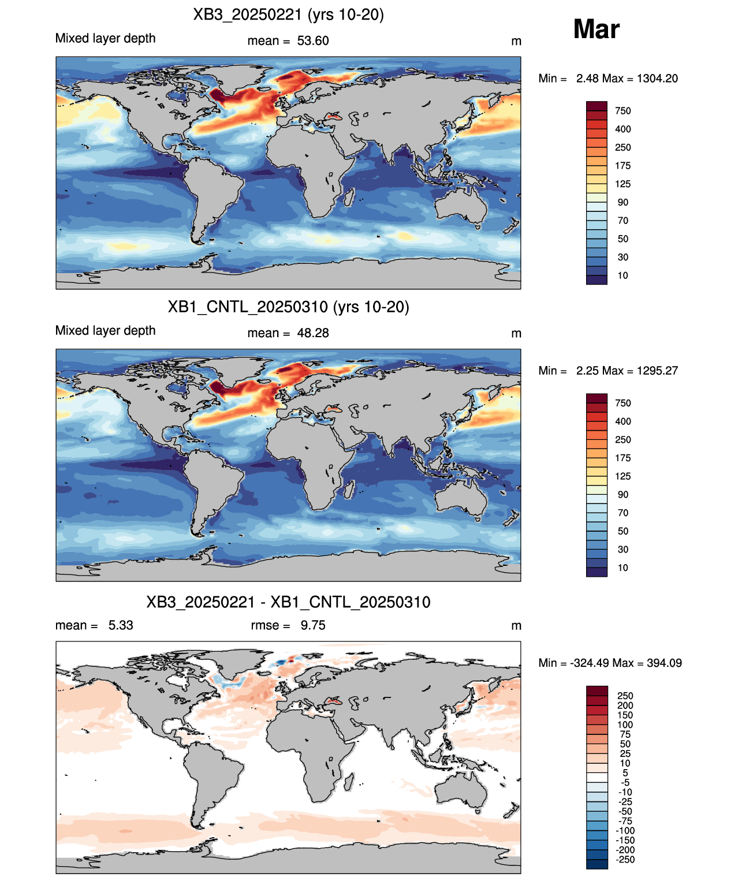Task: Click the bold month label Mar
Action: click(596, 29)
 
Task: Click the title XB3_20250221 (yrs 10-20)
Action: click(289, 15)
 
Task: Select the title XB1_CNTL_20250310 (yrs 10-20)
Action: click(289, 307)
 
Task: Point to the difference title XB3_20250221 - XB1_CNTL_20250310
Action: click(289, 602)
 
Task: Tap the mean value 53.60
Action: click(312, 41)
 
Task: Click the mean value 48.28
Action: click(312, 333)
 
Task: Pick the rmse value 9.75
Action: click(312, 625)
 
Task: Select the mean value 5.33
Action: click(121, 625)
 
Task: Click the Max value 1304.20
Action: click(657, 79)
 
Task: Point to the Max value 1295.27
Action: click(657, 371)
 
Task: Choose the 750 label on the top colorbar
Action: click(623, 111)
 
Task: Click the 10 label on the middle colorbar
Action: click(622, 568)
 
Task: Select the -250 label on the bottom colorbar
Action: click(625, 860)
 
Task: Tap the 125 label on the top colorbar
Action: click(623, 184)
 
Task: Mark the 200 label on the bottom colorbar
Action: click(625, 706)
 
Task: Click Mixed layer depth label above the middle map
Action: click(105, 330)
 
